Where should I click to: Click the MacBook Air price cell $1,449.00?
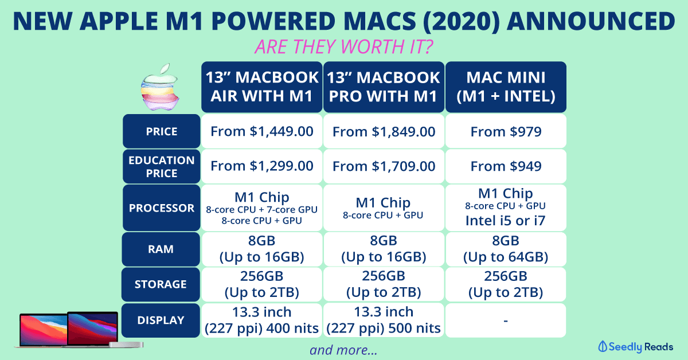coord(261,131)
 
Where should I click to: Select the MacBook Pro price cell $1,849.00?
coord(384,131)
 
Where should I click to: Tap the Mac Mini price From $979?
coord(506,131)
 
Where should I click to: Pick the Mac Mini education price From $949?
coord(506,166)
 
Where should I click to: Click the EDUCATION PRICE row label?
coord(162,166)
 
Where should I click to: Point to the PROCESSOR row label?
coord(162,208)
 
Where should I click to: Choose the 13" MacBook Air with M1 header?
coord(261,87)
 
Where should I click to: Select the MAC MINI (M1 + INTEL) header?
coord(506,87)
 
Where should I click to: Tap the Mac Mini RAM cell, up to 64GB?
coord(506,249)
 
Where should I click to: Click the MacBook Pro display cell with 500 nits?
coord(384,320)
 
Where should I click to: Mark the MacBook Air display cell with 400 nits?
coord(261,320)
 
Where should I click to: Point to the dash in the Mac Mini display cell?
coord(506,321)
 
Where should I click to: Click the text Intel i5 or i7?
coord(505,221)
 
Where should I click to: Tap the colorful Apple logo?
coord(160,87)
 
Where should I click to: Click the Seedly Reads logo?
coord(635,347)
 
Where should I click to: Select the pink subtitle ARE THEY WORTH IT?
coord(343,46)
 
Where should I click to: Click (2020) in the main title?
coord(462,21)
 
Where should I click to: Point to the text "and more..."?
coord(343,350)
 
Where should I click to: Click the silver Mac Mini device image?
coord(126,345)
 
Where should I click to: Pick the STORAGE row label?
coord(161,284)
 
